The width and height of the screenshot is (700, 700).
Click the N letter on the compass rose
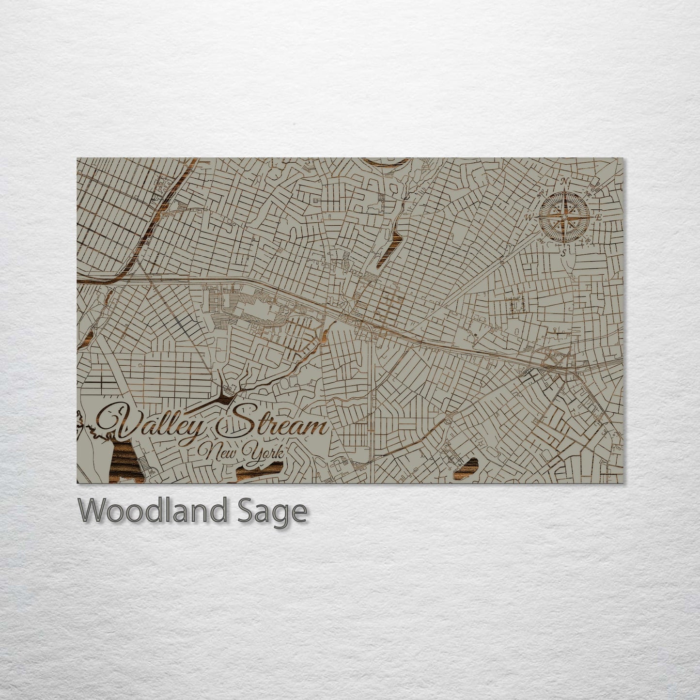tap(564, 182)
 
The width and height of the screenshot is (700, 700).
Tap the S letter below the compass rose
tap(563, 252)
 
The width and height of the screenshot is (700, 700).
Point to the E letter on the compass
tap(599, 217)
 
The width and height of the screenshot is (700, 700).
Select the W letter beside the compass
tap(529, 217)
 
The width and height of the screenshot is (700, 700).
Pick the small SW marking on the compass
tap(540, 239)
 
